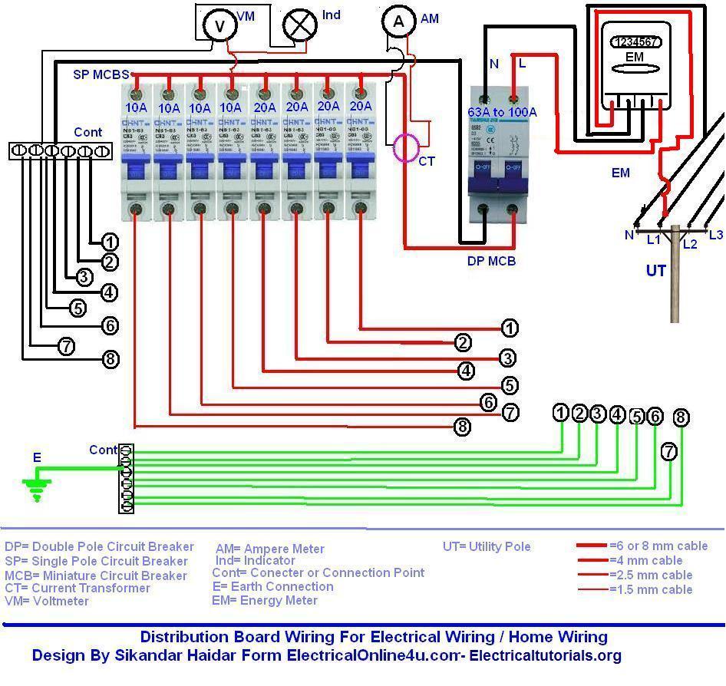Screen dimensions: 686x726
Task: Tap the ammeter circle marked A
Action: [398, 22]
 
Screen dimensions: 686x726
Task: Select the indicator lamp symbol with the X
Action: [299, 25]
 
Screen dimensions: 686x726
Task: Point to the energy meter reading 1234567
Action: [635, 43]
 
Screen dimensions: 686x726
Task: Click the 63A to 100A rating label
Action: [502, 112]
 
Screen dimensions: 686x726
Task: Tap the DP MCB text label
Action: [491, 261]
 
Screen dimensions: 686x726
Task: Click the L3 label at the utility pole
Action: [715, 235]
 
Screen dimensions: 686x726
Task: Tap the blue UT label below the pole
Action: [655, 271]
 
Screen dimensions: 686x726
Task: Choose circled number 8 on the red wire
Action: [462, 427]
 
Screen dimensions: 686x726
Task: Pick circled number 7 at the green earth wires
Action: [669, 452]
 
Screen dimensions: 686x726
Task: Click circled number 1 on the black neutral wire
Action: [110, 242]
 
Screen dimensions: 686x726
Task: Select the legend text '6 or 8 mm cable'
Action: [658, 546]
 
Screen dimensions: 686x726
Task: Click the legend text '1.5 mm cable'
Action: [651, 589]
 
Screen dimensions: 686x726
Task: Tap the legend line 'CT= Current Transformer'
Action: [78, 588]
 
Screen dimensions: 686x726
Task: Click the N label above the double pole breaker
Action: [493, 64]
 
